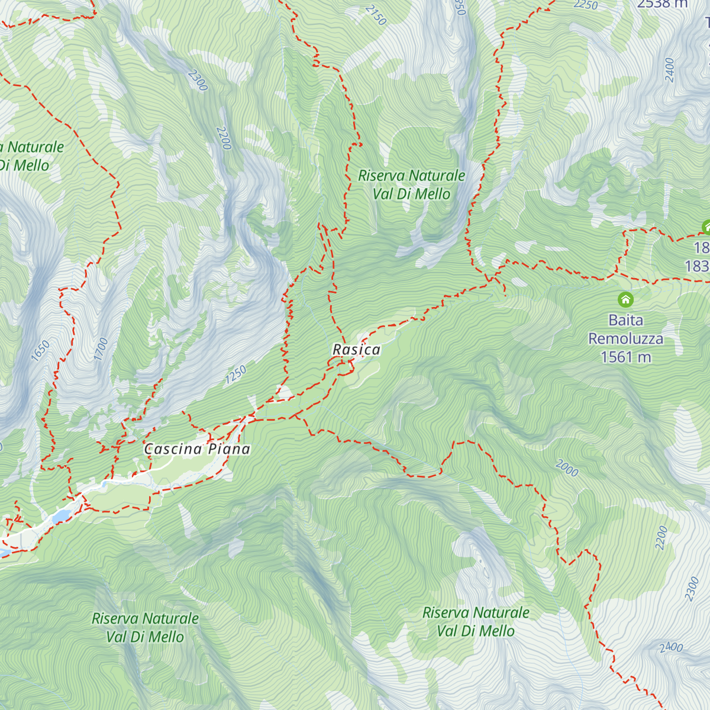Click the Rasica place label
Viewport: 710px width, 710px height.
point(356,350)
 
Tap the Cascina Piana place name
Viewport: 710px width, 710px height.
point(197,449)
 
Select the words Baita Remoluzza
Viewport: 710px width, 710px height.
point(625,330)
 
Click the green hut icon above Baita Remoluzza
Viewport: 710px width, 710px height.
point(625,299)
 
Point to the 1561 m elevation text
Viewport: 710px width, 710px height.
point(625,357)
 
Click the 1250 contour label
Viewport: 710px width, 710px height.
point(235,375)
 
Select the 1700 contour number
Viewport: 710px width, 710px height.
point(101,348)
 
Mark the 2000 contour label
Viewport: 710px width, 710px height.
point(567,469)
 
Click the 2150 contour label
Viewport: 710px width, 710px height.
point(376,15)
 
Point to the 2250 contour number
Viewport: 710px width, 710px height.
point(586,5)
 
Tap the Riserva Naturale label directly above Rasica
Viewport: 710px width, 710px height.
point(412,185)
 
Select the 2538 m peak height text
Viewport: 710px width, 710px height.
point(662,4)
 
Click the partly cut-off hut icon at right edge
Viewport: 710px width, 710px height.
point(705,227)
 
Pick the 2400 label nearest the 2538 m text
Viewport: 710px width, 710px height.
point(670,70)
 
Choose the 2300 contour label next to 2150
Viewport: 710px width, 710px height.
point(198,80)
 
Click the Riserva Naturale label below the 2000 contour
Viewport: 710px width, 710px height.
point(476,621)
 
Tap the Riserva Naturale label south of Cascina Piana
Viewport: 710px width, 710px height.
point(145,627)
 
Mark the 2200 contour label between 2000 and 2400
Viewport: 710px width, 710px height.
point(661,537)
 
